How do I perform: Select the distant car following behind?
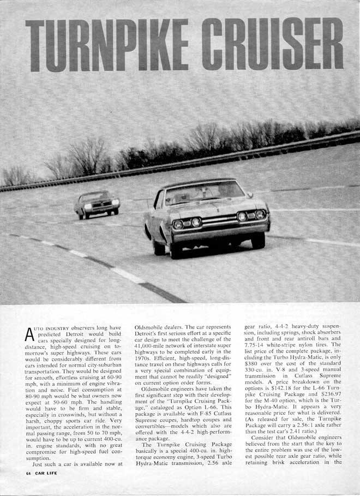pyautogui.click(x=97, y=205)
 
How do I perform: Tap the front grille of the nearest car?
pyautogui.click(x=219, y=220)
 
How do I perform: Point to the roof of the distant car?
pyautogui.click(x=95, y=193)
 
